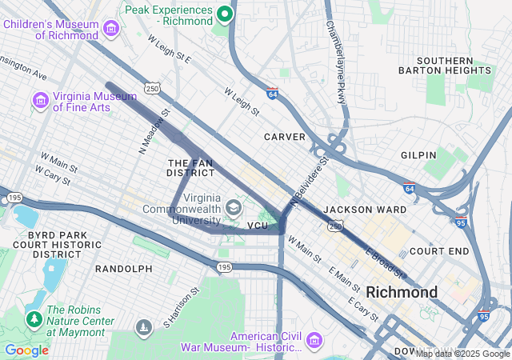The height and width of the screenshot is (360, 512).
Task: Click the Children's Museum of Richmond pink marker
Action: pyautogui.click(x=111, y=30)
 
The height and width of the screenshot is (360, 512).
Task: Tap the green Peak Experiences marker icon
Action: pyautogui.click(x=226, y=14)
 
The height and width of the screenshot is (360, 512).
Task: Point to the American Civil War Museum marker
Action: pyautogui.click(x=312, y=342)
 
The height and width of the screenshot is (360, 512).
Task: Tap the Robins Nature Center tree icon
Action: pyautogui.click(x=34, y=319)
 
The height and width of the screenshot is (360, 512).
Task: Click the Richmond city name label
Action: pyautogui.click(x=402, y=292)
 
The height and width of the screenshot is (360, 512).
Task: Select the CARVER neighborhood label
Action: pyautogui.click(x=285, y=137)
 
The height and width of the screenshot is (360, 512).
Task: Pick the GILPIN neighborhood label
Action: pyautogui.click(x=419, y=154)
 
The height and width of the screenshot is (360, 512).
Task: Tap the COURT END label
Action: pyautogui.click(x=438, y=250)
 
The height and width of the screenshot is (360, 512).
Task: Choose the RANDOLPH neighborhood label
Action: pyautogui.click(x=123, y=269)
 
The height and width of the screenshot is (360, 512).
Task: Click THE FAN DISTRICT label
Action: pyautogui.click(x=190, y=167)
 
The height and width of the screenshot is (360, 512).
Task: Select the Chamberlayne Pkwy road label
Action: pyautogui.click(x=337, y=50)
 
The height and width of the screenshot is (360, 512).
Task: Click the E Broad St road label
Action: pyautogui.click(x=383, y=262)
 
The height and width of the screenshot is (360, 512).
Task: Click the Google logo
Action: pyautogui.click(x=26, y=350)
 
